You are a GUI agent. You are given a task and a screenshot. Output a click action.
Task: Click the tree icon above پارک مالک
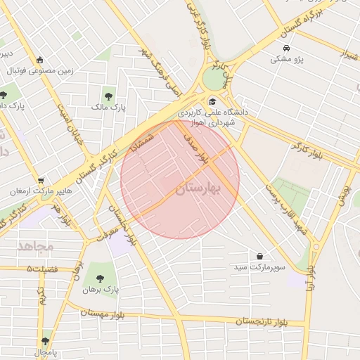[x=109, y=96]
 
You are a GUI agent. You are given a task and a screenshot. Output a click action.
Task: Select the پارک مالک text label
[x=108, y=108]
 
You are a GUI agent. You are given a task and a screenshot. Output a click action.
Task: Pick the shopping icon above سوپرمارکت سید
[x=261, y=256]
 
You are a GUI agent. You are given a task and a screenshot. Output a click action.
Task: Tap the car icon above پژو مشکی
[x=287, y=49]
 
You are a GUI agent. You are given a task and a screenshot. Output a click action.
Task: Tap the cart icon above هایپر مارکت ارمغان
[x=41, y=180]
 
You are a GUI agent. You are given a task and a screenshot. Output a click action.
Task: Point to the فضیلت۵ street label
[x=46, y=269]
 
